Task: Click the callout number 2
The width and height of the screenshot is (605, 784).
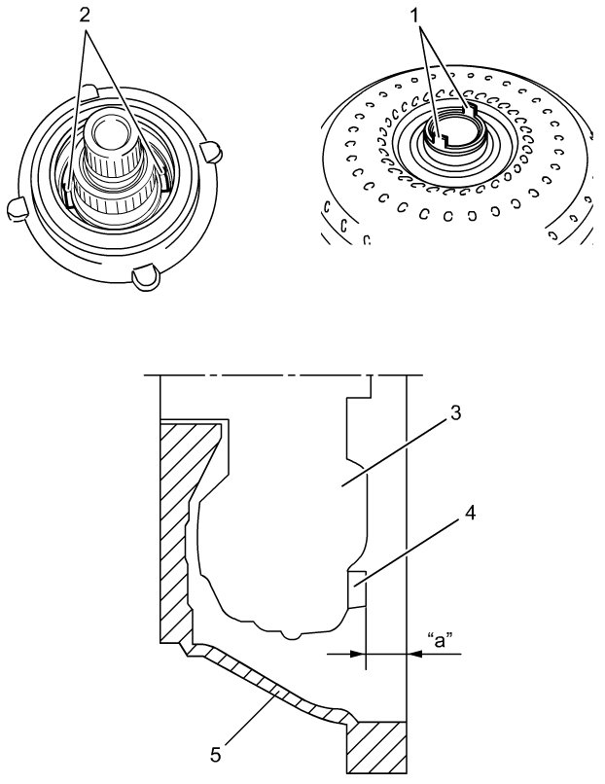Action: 86,17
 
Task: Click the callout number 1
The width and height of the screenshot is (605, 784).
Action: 420,17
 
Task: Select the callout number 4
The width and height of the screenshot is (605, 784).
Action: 472,511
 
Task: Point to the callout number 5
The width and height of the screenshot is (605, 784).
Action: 216,752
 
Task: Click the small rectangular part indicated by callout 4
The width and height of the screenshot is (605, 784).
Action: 356,588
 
